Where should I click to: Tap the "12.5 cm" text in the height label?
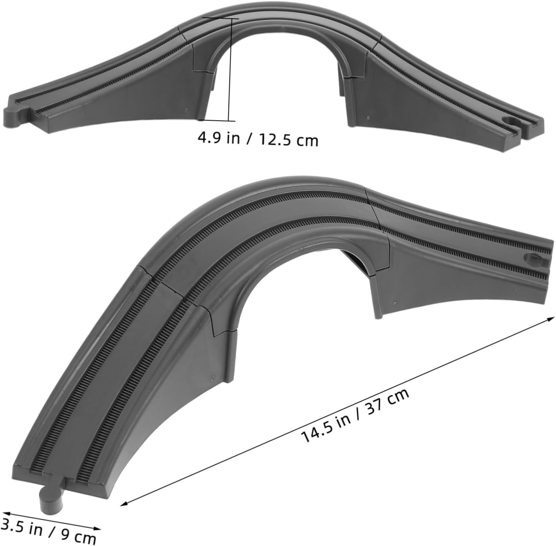(288, 140)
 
